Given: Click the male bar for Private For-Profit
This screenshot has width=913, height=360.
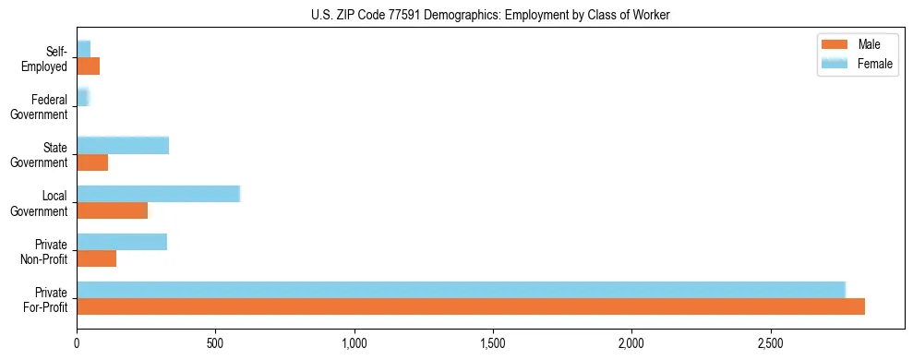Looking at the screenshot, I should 471,306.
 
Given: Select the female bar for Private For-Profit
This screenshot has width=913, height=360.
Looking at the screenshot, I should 461,289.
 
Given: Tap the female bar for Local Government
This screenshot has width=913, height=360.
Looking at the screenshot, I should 158,193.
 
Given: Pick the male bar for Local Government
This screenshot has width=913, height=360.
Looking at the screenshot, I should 112,210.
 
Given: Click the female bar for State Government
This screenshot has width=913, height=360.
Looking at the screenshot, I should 123,145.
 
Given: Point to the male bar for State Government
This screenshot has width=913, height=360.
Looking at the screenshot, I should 92,162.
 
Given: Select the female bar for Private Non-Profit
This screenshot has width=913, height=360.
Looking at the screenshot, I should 122,242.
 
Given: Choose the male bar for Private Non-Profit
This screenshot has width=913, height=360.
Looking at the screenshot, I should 97,259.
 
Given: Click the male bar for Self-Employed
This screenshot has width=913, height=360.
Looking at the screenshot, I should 88,66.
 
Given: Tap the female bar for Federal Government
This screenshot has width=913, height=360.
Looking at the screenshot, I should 83,97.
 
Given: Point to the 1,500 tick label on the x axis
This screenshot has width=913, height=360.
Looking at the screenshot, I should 493,342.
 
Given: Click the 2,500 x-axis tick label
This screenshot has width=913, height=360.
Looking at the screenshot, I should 770,342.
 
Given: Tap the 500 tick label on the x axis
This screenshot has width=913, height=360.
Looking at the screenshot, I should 215,342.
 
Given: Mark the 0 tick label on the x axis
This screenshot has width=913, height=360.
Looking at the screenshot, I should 77,342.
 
